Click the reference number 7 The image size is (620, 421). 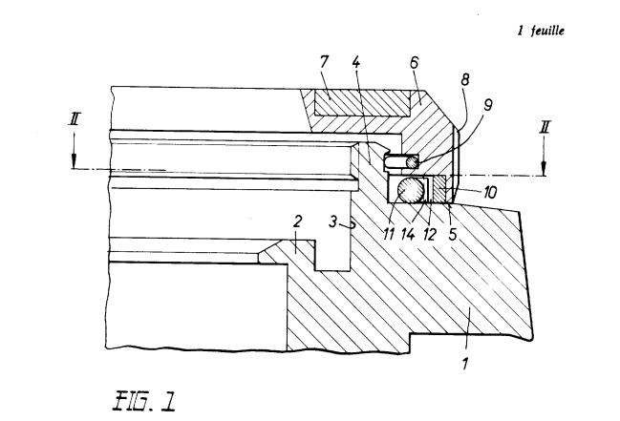[x=324, y=62]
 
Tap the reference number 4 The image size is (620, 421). [x=356, y=62]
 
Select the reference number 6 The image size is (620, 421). [x=414, y=62]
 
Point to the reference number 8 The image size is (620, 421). [x=464, y=79]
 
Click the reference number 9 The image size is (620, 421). [x=487, y=105]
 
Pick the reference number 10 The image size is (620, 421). [x=490, y=193]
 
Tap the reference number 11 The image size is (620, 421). [x=389, y=234]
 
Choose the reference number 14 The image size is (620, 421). [x=408, y=234]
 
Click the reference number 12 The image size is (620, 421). [x=429, y=234]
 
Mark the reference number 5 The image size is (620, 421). [x=453, y=234]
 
